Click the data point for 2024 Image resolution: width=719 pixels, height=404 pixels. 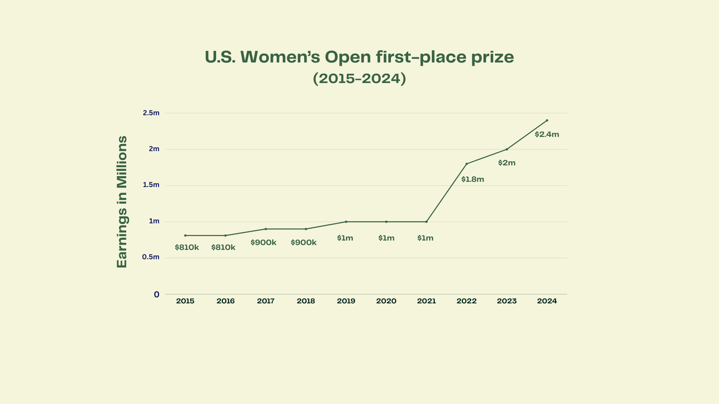click(x=547, y=120)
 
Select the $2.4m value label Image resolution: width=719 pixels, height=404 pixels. click(x=547, y=134)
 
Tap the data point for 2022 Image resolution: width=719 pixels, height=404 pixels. click(x=467, y=164)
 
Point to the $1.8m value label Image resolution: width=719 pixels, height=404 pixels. click(x=473, y=179)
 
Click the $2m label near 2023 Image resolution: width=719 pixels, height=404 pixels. click(x=507, y=163)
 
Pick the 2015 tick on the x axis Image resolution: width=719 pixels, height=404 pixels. click(x=185, y=301)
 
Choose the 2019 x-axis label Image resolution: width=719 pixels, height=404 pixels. click(x=346, y=301)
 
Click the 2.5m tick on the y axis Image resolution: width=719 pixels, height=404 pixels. click(x=151, y=113)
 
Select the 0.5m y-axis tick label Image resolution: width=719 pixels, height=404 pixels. click(x=151, y=257)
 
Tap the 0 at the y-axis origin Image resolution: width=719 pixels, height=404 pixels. click(x=157, y=295)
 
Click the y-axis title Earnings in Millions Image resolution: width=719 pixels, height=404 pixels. click(x=122, y=202)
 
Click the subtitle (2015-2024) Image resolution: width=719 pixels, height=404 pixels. click(x=359, y=79)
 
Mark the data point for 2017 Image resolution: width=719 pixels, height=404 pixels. click(x=266, y=229)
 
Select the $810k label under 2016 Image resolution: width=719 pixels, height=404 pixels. click(x=223, y=247)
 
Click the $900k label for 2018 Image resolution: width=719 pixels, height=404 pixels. click(x=303, y=242)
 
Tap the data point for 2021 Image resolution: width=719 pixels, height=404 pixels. click(x=426, y=222)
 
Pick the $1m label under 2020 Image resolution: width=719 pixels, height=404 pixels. click(x=386, y=238)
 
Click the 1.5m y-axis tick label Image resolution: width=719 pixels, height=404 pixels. click(x=151, y=185)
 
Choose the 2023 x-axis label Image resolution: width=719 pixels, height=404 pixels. click(x=507, y=301)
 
